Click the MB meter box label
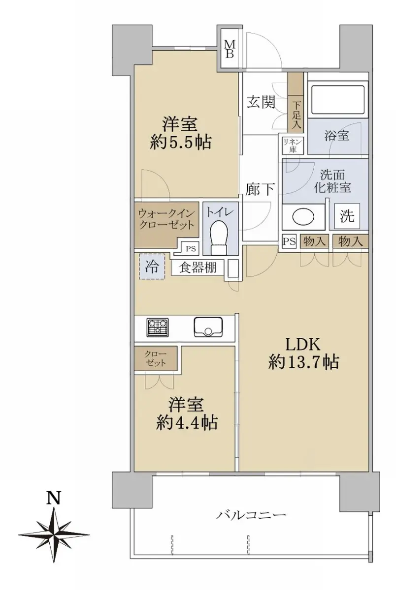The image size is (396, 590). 229,49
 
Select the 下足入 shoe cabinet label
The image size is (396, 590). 297,115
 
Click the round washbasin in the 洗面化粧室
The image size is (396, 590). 303,217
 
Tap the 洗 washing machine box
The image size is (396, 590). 347,216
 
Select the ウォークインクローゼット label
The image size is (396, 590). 167,219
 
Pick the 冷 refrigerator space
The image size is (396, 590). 151,266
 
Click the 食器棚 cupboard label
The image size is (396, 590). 198,268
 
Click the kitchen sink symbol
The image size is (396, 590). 208,327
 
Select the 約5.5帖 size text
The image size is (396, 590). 180,143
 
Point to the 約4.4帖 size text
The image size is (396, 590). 187,423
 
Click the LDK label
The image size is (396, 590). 303,345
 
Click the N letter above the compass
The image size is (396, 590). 54,497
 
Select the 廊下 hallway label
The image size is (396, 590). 260,189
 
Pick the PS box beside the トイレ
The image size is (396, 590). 191,249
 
